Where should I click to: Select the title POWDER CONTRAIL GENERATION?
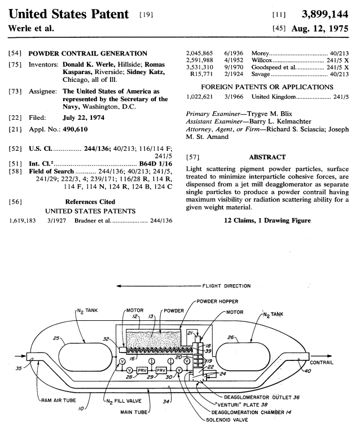(x=87, y=54)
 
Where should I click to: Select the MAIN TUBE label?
(x=134, y=412)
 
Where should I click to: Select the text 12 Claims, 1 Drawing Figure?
(x=267, y=219)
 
